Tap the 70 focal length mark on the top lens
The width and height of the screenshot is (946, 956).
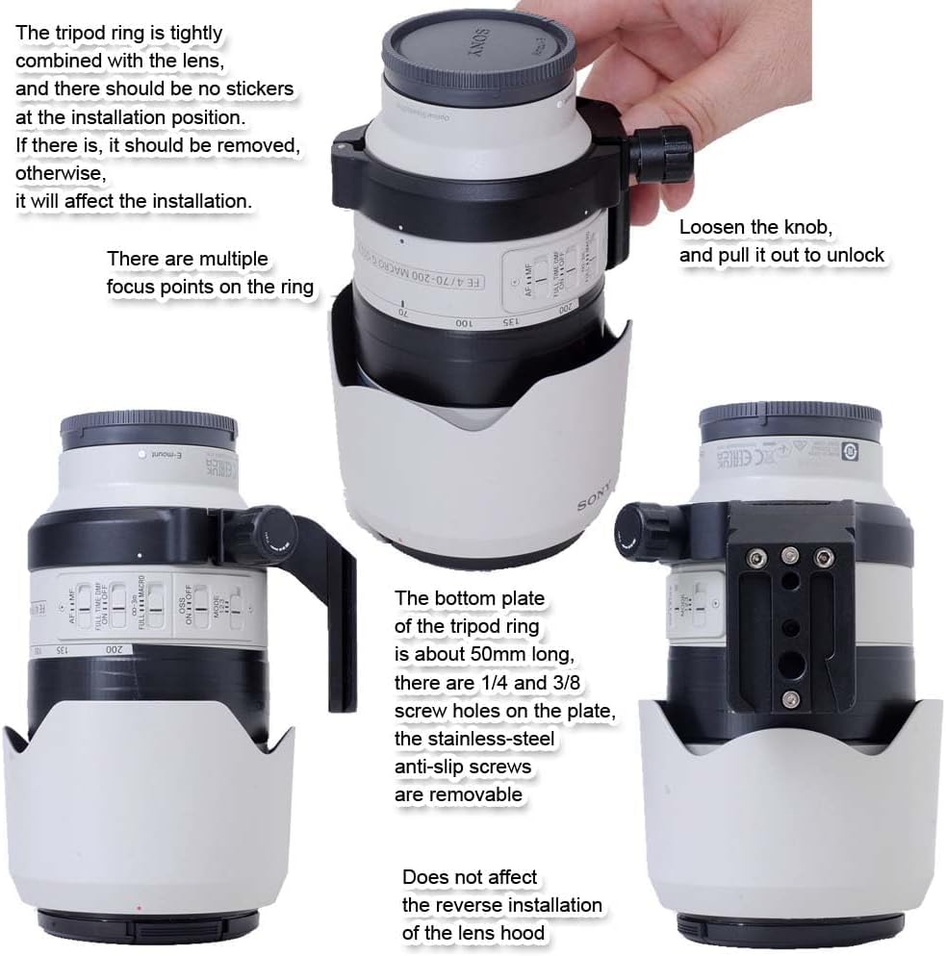tap(403, 313)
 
